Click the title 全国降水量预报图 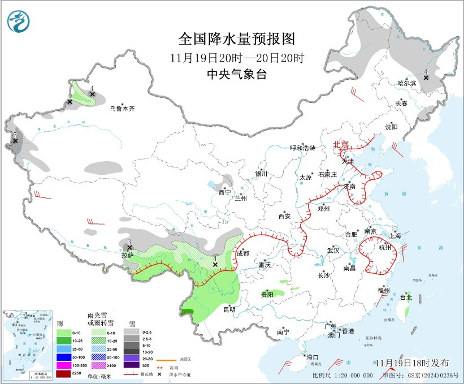point(237,39)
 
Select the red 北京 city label point(341,144)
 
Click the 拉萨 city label point(127,255)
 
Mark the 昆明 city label point(229,309)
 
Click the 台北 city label point(406,297)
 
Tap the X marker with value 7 point(15,141)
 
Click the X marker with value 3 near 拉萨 point(129,248)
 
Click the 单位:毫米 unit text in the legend point(99,376)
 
